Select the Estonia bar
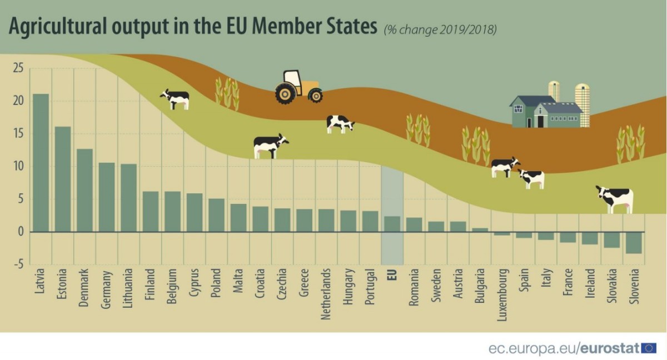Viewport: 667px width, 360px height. (x=63, y=179)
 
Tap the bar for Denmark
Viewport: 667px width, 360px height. (x=84, y=190)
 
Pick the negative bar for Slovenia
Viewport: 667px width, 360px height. (x=634, y=243)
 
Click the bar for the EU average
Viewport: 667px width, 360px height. (x=392, y=224)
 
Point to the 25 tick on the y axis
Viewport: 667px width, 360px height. (x=18, y=69)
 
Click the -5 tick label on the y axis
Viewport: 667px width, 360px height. (x=18, y=264)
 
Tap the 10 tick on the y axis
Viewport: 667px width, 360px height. (x=18, y=167)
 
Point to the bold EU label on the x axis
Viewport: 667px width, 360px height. (x=392, y=276)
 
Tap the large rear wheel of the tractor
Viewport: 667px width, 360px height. (x=285, y=93)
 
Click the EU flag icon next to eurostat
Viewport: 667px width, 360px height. (x=649, y=348)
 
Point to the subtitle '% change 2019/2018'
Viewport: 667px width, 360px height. (x=440, y=29)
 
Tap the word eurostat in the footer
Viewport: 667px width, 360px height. (x=610, y=348)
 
